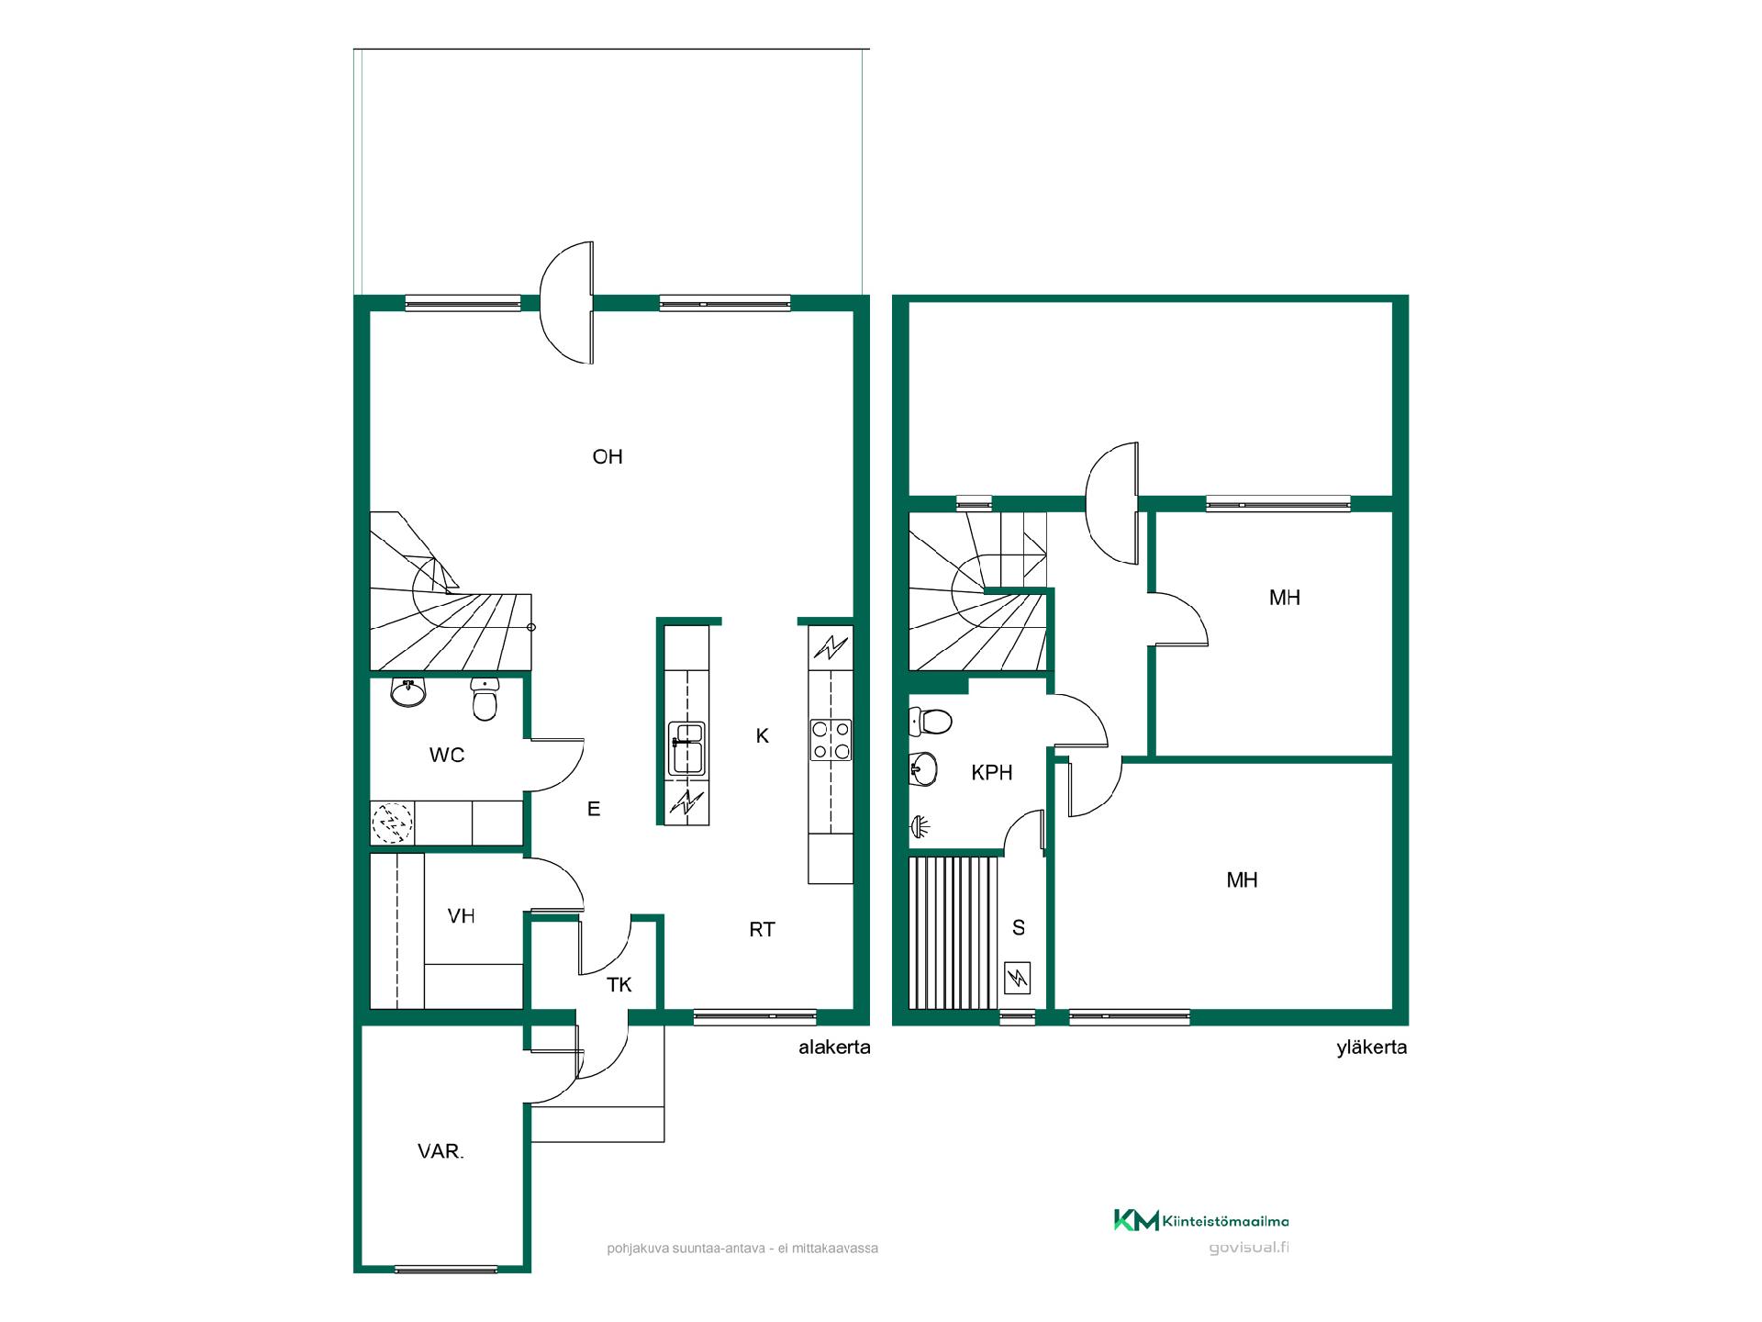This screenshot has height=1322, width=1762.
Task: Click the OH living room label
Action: click(608, 456)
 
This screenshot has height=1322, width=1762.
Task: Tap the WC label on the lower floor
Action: click(447, 755)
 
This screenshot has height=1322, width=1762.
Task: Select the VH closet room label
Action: click(461, 915)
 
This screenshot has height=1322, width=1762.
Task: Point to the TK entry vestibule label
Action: click(619, 985)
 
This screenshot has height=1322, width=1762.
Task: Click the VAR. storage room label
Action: click(440, 1151)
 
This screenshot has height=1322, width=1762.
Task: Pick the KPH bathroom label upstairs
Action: click(992, 773)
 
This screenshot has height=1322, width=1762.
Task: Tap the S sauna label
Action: click(1019, 928)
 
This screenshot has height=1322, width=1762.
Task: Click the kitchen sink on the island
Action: click(687, 748)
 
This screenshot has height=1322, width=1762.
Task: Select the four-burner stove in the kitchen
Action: click(831, 740)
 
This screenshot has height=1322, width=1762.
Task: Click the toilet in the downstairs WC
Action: click(485, 700)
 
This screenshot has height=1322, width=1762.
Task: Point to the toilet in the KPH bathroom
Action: click(931, 722)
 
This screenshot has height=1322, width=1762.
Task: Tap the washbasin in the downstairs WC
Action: click(408, 691)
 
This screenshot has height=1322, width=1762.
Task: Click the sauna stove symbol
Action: click(1019, 978)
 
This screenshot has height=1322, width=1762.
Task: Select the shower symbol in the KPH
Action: click(920, 827)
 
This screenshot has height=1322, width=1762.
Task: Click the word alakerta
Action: click(834, 1048)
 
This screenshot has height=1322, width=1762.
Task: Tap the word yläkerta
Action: click(1372, 1048)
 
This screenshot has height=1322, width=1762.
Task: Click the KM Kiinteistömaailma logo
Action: click(1201, 1220)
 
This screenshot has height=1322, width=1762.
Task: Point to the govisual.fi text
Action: click(1249, 1248)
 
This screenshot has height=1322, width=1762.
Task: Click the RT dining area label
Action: click(762, 929)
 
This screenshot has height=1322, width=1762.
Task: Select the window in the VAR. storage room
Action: click(446, 1270)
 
